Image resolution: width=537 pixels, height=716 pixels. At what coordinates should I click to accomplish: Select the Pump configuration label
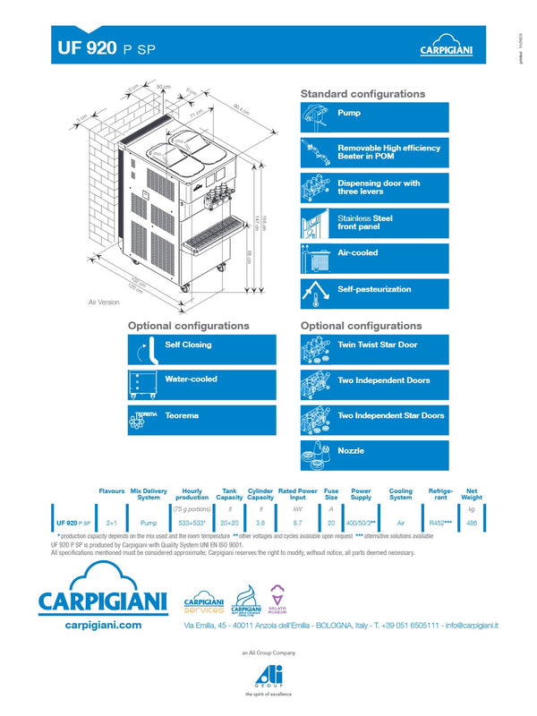click(x=349, y=114)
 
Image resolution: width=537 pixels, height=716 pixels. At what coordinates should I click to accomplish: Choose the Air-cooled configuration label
click(x=357, y=253)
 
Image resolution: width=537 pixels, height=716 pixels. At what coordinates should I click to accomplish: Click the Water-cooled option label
click(x=192, y=379)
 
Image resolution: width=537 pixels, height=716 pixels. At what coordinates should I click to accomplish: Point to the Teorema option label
click(x=182, y=415)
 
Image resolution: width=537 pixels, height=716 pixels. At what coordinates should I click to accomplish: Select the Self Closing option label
click(x=189, y=345)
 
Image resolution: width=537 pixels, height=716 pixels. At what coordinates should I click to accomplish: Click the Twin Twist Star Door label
click(x=377, y=345)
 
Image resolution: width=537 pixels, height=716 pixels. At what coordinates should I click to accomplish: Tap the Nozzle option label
click(x=351, y=451)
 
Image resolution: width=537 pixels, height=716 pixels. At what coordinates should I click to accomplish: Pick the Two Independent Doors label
click(x=383, y=380)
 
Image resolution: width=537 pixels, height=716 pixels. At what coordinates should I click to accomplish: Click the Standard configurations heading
click(x=362, y=94)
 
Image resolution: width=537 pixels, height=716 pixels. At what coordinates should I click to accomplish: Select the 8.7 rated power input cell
click(x=298, y=522)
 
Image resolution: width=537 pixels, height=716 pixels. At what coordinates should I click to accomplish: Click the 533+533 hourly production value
click(x=192, y=522)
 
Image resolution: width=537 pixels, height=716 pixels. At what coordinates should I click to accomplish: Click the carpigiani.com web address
click(x=104, y=626)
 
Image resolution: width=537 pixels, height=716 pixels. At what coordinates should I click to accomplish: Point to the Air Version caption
click(x=104, y=303)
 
